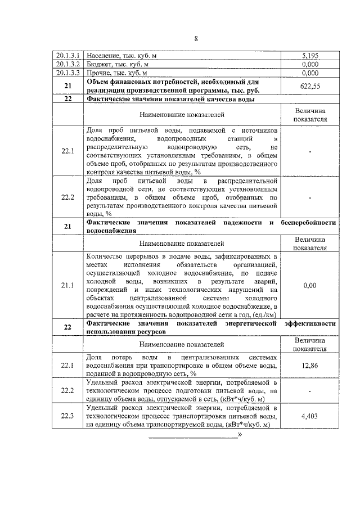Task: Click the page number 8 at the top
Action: coord(196,38)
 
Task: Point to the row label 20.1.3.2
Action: coord(68,65)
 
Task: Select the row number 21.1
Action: coord(67,285)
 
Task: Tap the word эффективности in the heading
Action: coord(310,324)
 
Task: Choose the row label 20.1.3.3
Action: coord(68,73)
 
